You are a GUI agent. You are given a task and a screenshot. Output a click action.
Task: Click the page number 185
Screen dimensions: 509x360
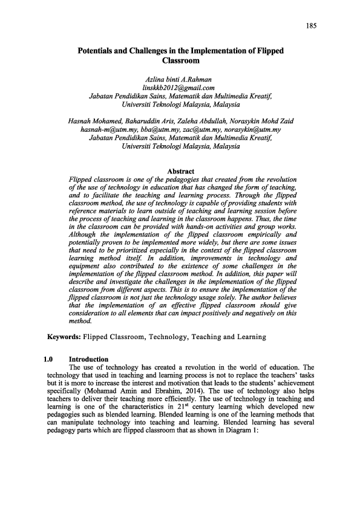(x=312, y=25)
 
